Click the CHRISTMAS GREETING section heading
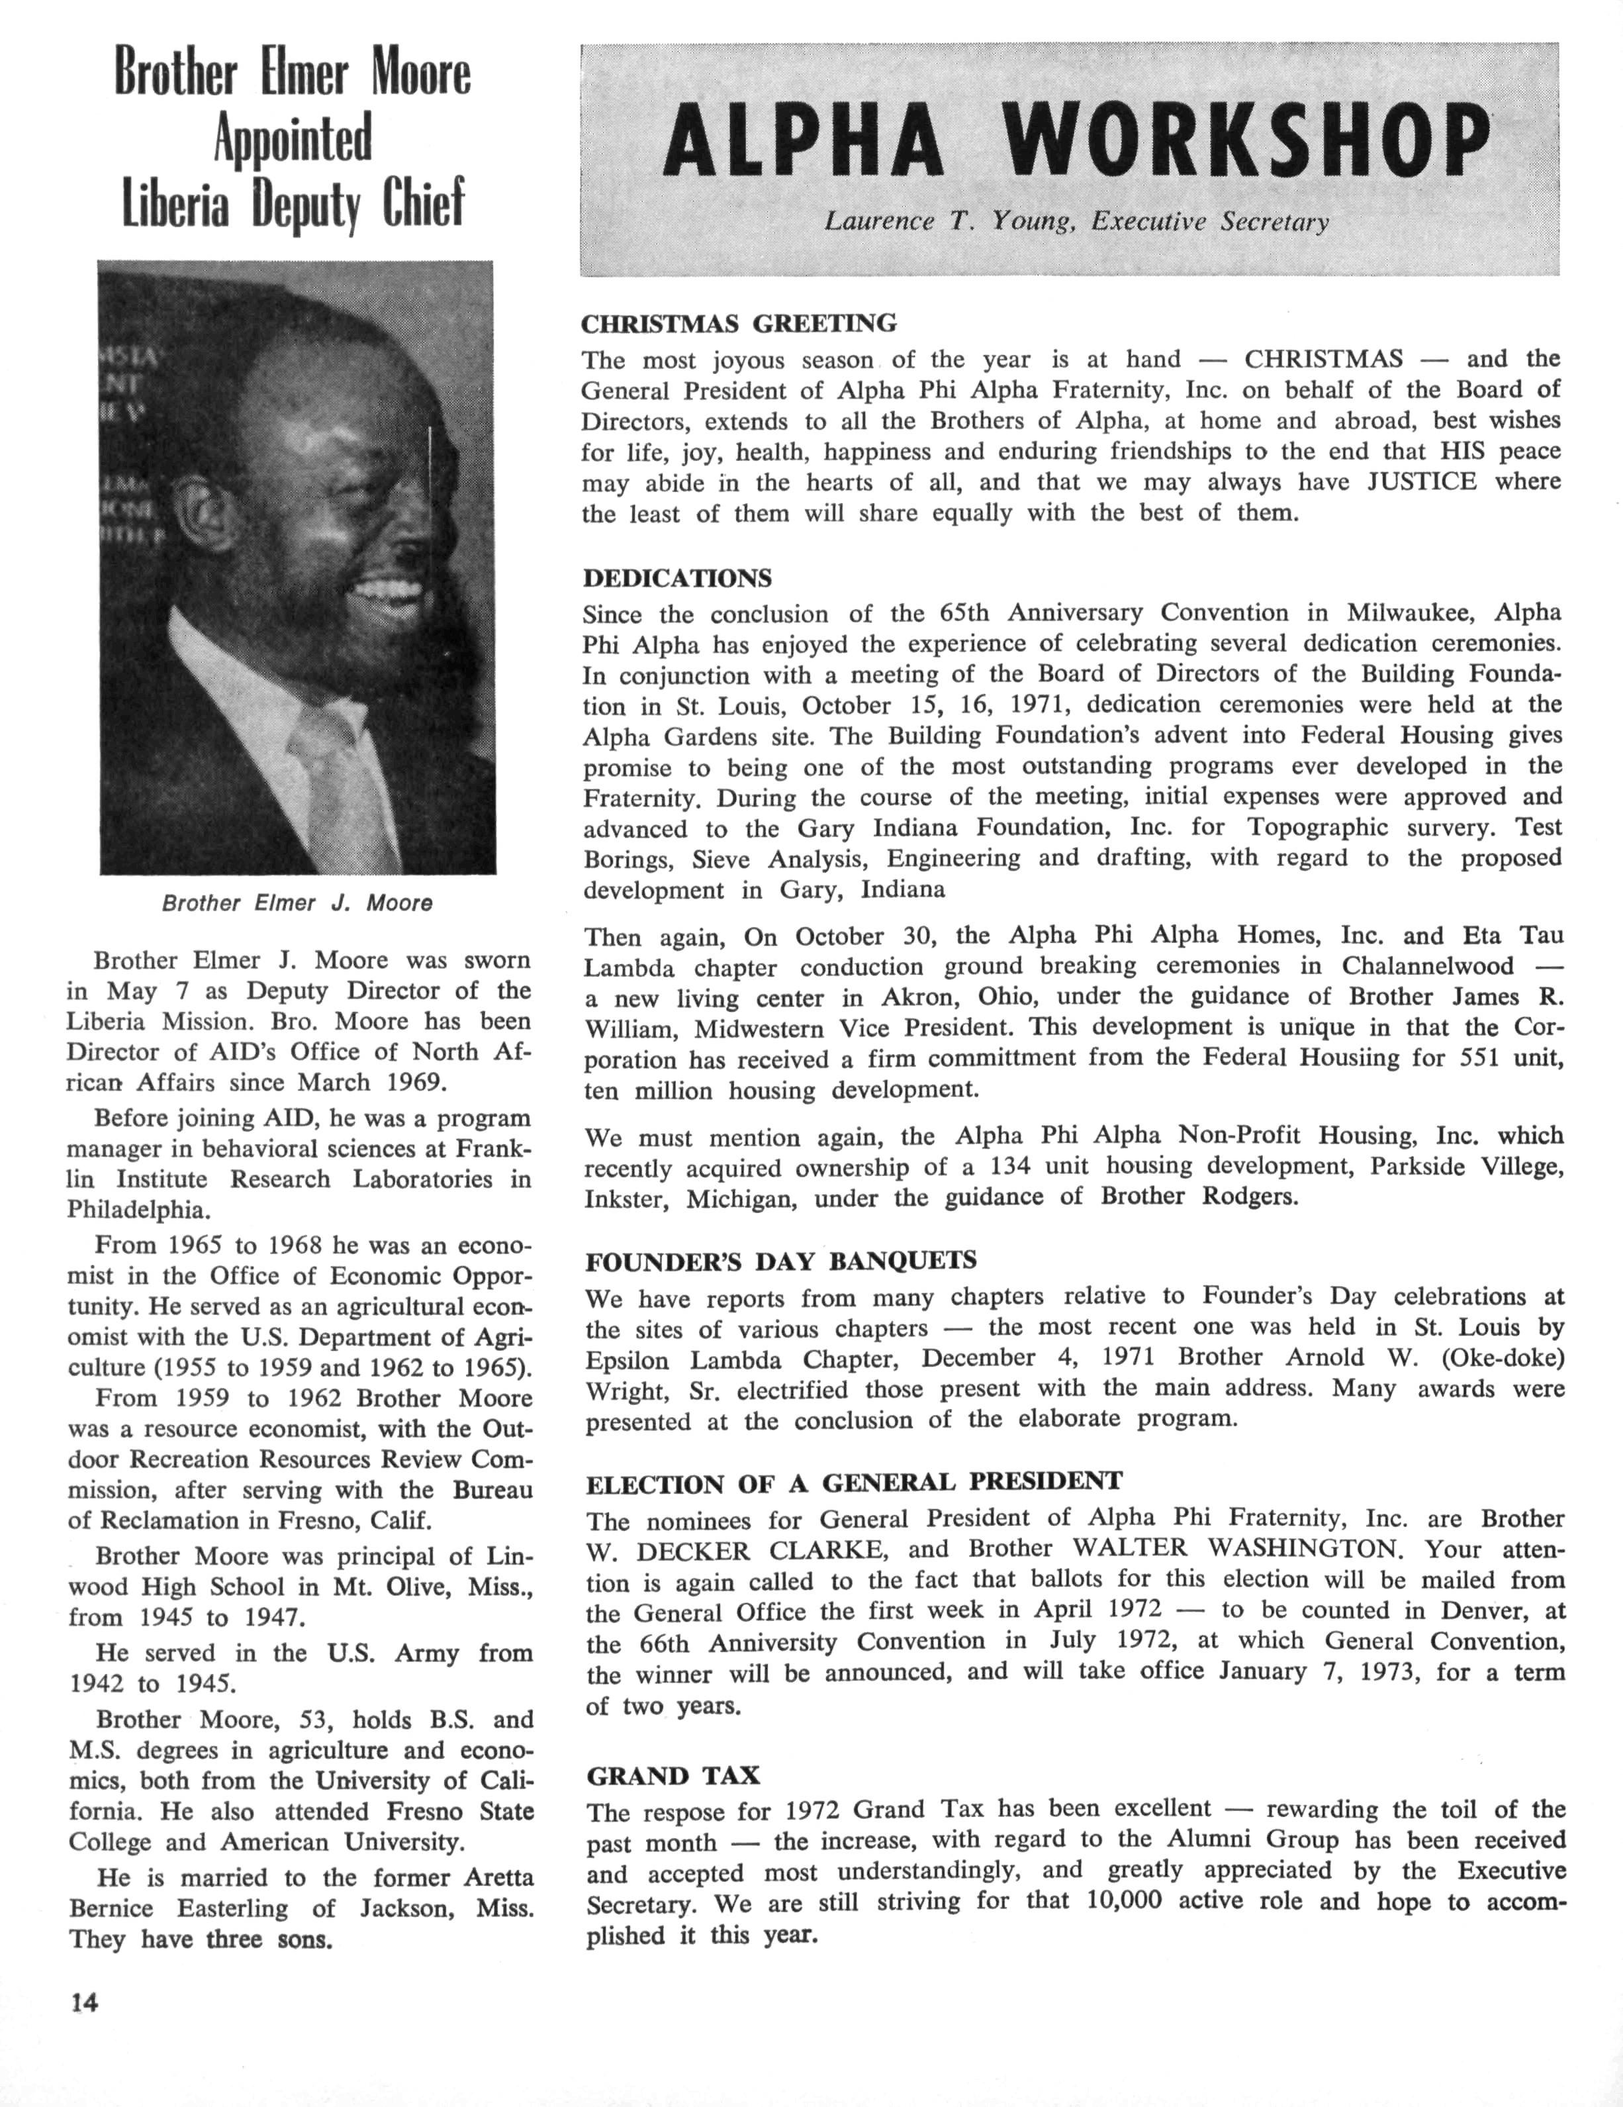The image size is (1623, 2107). (x=739, y=322)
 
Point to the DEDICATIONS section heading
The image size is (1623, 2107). (x=678, y=578)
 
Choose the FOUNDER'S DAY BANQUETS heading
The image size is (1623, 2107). (x=781, y=1261)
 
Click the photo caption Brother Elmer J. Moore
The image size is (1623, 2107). (x=297, y=903)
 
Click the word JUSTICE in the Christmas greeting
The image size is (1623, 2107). (x=1422, y=481)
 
